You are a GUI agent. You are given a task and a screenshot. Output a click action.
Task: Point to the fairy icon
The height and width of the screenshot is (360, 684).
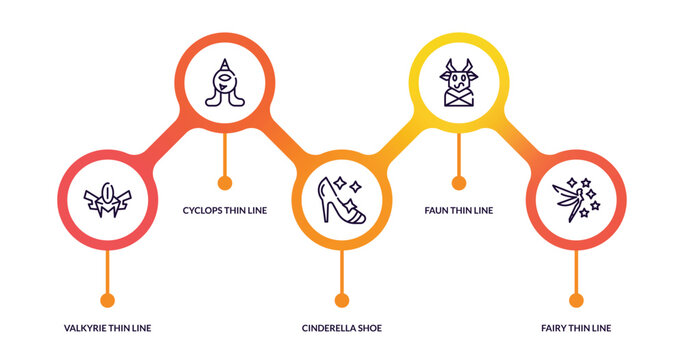[576, 198]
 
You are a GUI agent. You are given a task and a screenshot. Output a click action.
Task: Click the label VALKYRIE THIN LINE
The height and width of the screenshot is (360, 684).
[108, 328]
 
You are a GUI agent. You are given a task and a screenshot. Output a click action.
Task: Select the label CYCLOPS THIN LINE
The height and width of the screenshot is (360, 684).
[226, 210]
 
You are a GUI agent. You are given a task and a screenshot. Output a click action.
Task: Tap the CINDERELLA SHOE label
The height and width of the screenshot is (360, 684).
[342, 328]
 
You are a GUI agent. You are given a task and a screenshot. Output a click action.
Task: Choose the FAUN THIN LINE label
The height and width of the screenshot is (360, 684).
[459, 210]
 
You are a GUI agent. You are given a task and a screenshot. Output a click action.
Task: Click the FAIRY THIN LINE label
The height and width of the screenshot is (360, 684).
[576, 328]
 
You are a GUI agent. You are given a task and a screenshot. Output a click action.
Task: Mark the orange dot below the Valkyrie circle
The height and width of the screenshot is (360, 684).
[108, 299]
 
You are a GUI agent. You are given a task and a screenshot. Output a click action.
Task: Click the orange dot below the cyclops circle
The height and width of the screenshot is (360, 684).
[225, 182]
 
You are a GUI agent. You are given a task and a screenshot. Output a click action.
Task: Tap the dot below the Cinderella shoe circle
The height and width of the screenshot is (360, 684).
[342, 299]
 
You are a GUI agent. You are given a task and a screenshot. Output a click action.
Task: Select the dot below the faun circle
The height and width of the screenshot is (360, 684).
[459, 182]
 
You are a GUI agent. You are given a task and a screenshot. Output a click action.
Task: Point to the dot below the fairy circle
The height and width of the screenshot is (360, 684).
[576, 299]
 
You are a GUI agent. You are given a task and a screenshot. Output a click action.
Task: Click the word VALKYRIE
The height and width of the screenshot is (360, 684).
[85, 328]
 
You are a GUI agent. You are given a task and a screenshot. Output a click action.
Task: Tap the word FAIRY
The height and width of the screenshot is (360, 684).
[555, 328]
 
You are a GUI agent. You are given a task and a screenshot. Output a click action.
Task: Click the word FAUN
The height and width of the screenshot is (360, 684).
[438, 210]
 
